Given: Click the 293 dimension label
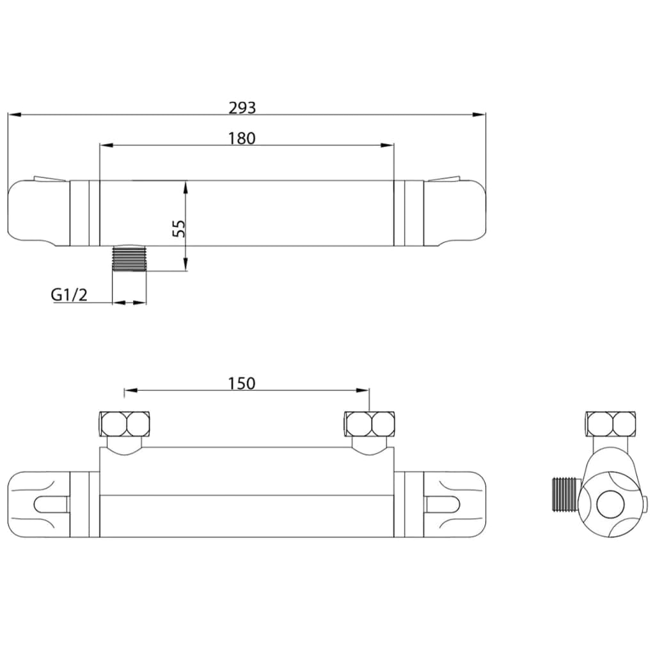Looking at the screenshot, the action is (242, 107).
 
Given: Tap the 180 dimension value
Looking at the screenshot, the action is (242, 138).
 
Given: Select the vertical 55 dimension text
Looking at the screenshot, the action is (179, 228).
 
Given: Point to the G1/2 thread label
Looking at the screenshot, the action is (69, 295).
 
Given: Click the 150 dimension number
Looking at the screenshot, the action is (242, 383).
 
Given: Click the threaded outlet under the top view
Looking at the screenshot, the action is (129, 259).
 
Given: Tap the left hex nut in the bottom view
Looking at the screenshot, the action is (125, 423).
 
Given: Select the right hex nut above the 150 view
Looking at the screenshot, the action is (369, 423).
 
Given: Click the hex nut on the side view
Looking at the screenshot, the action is (611, 423).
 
